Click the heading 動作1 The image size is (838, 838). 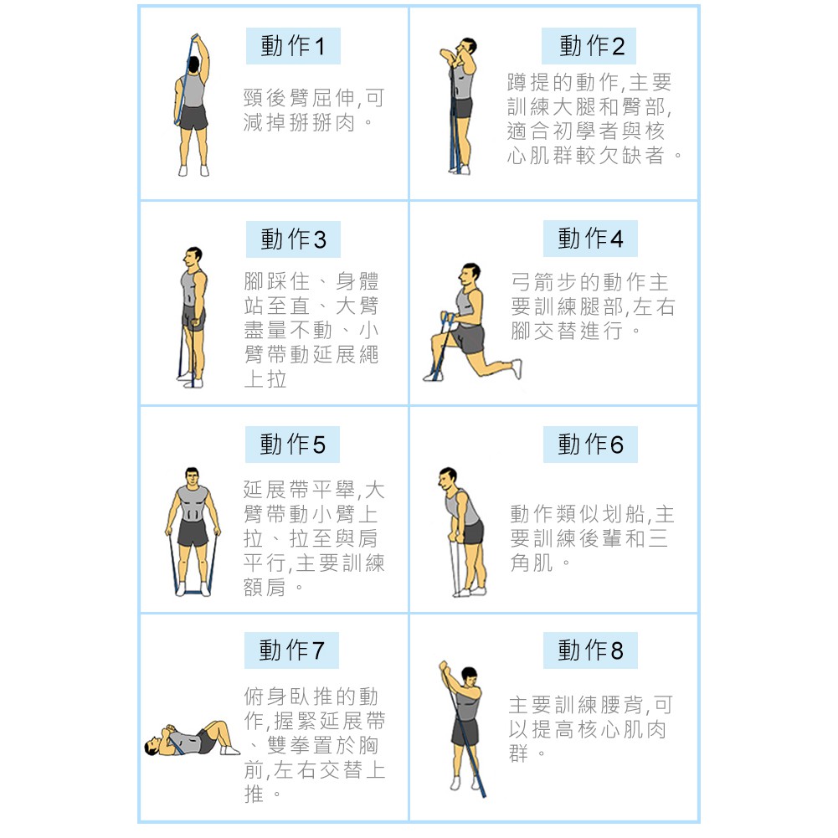pyautogui.click(x=293, y=46)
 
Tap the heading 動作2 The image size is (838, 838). pyautogui.click(x=592, y=46)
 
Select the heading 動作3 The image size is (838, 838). pyautogui.click(x=293, y=239)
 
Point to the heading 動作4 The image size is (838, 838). pyautogui.click(x=590, y=239)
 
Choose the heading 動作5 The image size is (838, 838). pyautogui.click(x=292, y=445)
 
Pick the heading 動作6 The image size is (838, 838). pyautogui.click(x=590, y=445)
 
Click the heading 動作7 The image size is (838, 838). pyautogui.click(x=292, y=650)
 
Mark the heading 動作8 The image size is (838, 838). pyautogui.click(x=590, y=650)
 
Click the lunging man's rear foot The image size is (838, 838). pyautogui.click(x=517, y=368)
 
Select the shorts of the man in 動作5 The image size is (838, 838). pyautogui.click(x=193, y=532)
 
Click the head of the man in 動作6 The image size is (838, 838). pyautogui.click(x=447, y=478)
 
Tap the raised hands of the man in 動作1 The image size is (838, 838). pyautogui.click(x=196, y=39)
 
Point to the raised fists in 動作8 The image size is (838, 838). pyautogui.click(x=445, y=667)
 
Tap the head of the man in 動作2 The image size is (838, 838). pyautogui.click(x=467, y=48)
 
